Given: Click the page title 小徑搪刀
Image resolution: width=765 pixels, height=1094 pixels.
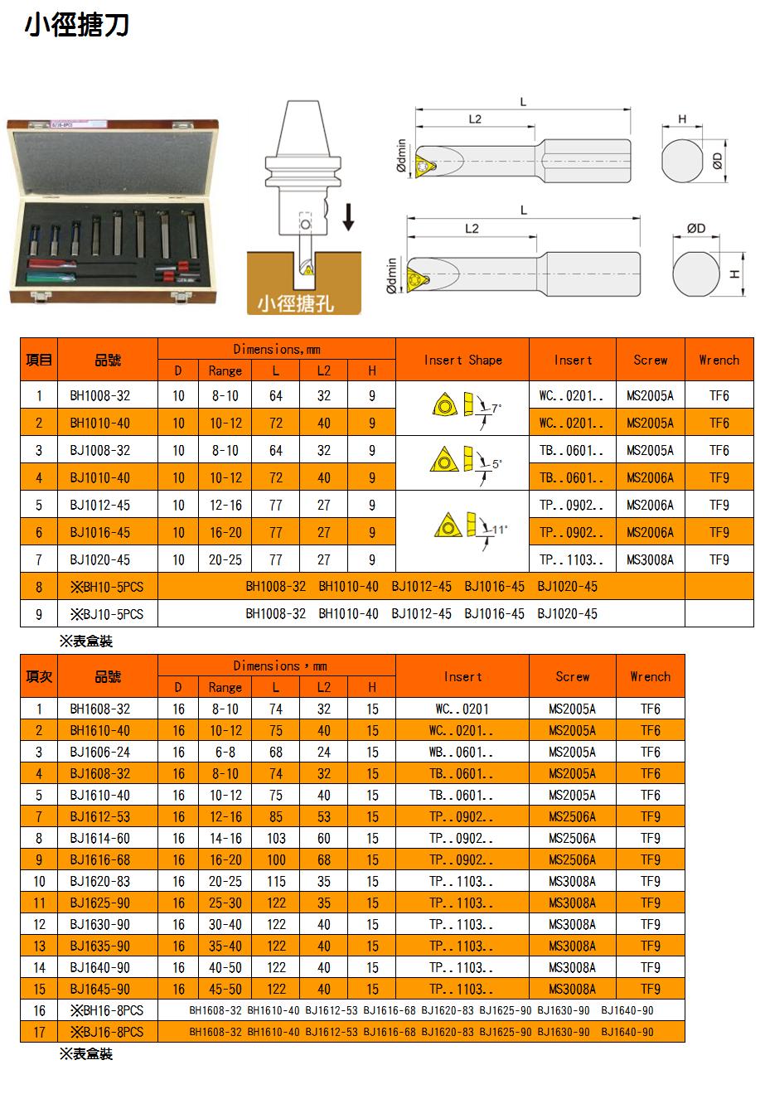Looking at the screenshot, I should [x=76, y=26].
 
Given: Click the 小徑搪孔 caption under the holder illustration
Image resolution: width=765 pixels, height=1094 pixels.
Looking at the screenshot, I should [x=296, y=303].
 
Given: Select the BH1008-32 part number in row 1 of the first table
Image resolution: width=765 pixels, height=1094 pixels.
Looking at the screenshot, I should [x=99, y=395].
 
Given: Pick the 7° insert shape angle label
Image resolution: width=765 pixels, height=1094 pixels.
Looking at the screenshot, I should [x=496, y=409].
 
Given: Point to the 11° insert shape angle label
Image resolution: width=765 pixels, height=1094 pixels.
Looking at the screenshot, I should [x=500, y=529].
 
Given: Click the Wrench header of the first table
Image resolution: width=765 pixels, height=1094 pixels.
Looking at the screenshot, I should [x=719, y=360].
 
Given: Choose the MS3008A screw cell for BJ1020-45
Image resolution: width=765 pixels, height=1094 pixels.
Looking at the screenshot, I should [x=650, y=559].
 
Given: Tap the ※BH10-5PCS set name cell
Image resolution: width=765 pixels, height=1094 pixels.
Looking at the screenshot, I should [x=108, y=587].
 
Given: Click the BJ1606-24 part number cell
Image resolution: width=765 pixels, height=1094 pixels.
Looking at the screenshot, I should [x=99, y=752].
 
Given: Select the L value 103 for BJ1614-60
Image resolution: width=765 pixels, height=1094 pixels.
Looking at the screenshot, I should [x=276, y=838].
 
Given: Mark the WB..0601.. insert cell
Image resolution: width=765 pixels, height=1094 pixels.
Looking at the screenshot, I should [x=462, y=752].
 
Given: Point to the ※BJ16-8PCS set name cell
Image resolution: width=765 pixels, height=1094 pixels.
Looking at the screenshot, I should [x=108, y=1032].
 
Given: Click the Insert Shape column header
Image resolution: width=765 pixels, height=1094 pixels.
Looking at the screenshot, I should [x=462, y=360].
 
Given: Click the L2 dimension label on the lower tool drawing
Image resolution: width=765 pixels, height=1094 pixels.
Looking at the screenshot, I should [x=472, y=229].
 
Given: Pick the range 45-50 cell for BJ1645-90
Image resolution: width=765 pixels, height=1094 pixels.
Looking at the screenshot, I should [x=225, y=989].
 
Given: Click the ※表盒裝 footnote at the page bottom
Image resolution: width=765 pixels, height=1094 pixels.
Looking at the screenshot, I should [x=85, y=1054].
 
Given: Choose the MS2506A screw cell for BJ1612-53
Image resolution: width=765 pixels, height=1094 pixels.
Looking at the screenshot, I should [x=572, y=816].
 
